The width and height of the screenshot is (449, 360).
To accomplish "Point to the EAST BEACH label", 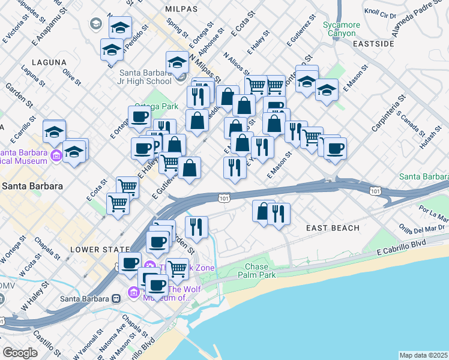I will [x=333, y=228].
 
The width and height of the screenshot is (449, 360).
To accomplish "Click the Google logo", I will [x=20, y=353].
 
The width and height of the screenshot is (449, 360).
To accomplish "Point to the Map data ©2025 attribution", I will [x=424, y=355].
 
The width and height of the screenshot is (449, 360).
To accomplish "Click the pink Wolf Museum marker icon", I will [x=133, y=292].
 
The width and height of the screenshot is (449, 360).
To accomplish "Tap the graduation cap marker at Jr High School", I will [x=177, y=63].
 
